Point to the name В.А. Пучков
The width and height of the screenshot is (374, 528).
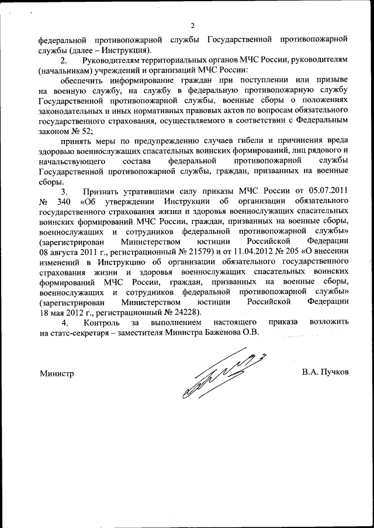[325, 372]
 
